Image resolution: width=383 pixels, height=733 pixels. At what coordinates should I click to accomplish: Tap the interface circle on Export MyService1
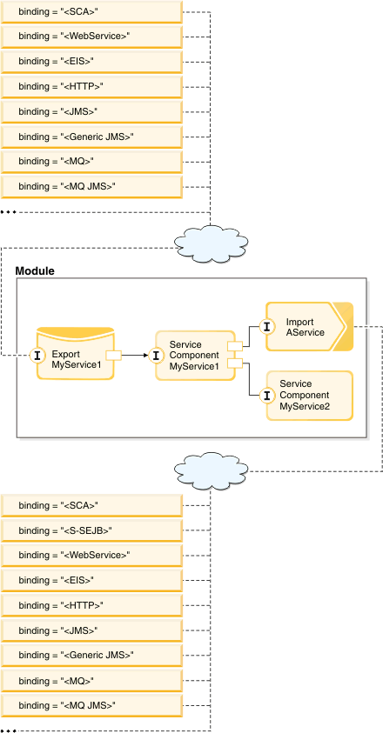[37, 356]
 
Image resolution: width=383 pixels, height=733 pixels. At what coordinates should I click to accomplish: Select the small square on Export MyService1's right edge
[114, 356]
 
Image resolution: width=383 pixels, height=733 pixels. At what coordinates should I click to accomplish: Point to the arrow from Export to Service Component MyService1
[135, 356]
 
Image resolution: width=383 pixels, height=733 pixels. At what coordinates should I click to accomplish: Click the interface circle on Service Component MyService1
[156, 356]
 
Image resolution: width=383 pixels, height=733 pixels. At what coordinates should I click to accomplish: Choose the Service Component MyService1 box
[195, 356]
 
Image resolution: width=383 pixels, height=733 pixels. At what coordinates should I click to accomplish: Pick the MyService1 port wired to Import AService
[234, 346]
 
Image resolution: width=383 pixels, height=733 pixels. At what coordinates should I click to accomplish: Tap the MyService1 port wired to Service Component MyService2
[234, 363]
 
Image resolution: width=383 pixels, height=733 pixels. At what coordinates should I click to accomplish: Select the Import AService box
[310, 326]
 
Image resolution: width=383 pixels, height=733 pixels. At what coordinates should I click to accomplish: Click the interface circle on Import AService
[267, 326]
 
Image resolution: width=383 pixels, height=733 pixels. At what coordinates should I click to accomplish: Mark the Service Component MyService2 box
[310, 396]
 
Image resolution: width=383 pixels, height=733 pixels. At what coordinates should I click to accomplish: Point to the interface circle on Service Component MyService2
[267, 396]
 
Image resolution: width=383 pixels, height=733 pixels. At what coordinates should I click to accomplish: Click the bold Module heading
[35, 270]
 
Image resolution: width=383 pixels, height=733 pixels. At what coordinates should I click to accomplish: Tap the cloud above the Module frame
[211, 242]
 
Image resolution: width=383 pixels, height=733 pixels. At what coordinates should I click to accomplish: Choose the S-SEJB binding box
[91, 530]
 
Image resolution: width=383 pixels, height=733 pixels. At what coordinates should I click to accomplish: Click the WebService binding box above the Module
[91, 36]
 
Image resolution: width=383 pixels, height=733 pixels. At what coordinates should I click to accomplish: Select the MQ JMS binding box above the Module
[91, 187]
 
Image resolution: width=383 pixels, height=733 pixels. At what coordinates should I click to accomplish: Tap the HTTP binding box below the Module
[91, 605]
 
